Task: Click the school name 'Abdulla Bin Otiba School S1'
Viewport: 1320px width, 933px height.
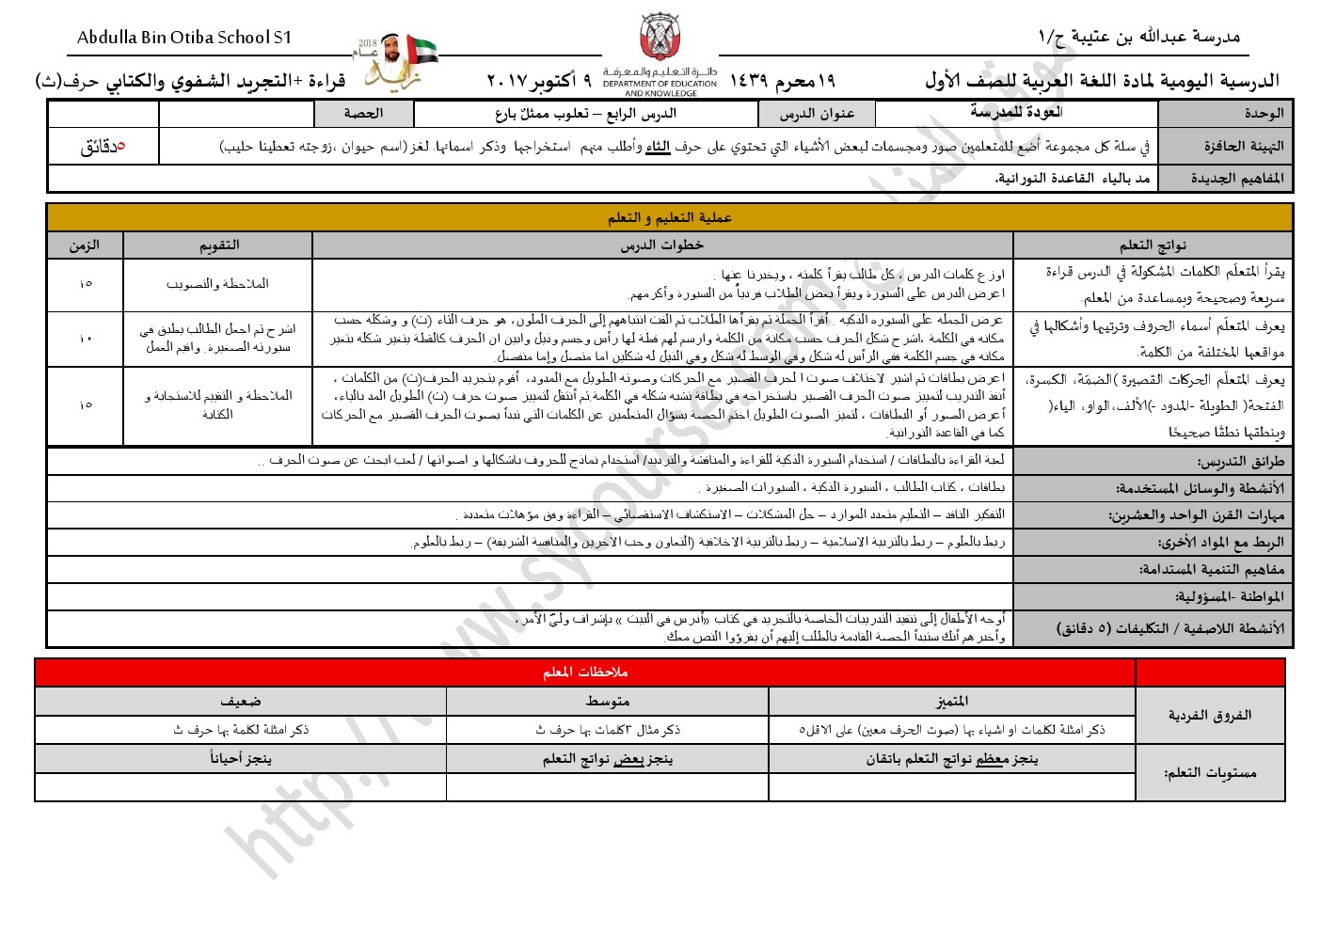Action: point(184,38)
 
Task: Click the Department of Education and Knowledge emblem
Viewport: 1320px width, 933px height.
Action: point(660,39)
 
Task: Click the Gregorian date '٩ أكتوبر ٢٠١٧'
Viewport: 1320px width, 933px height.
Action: point(538,81)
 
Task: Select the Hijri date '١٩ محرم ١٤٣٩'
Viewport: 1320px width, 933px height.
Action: point(782,81)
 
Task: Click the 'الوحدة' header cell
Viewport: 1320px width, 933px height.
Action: point(1225,113)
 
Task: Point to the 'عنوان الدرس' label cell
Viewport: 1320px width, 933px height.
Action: point(816,114)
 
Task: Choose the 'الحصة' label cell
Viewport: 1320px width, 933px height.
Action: point(363,114)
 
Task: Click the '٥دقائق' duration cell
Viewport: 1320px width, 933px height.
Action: point(103,147)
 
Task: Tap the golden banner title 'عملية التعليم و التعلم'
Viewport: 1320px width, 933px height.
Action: point(669,217)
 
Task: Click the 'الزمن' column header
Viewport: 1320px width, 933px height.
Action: point(85,245)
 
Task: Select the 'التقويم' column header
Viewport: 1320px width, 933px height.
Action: point(218,245)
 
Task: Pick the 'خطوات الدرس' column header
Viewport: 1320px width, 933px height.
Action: point(661,245)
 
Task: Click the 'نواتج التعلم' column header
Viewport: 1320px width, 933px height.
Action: point(1153,245)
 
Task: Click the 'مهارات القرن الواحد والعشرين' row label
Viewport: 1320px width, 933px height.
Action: point(1196,515)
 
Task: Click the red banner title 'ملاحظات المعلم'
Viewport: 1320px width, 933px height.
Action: point(584,672)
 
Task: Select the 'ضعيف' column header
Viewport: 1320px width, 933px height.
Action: point(241,702)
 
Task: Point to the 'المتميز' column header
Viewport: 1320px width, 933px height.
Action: point(951,702)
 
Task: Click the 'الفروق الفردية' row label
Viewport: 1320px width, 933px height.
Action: point(1209,716)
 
